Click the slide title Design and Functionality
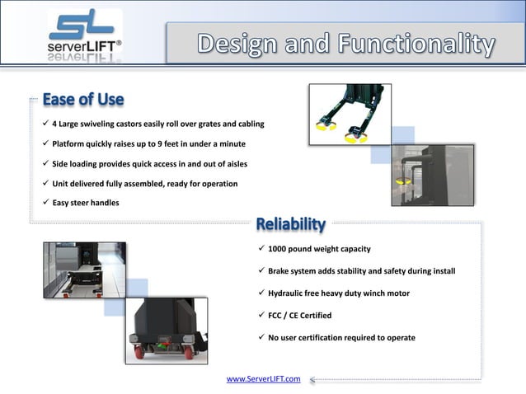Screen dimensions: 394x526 tap(346, 43)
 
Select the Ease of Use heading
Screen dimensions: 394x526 tap(82, 100)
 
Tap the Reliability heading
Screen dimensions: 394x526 tap(290, 224)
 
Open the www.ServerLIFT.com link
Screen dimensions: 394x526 tap(263, 379)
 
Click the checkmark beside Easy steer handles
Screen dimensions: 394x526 tap(45, 203)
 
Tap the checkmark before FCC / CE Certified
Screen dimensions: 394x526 tap(261, 315)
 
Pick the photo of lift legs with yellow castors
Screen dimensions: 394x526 tap(348, 115)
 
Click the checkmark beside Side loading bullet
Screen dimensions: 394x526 tap(45, 163)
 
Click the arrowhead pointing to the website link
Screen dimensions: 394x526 tap(313, 380)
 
